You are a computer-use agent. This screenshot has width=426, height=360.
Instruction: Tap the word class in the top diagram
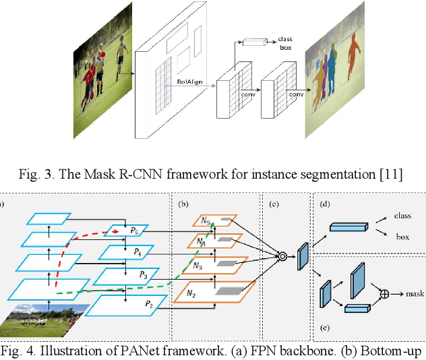286,40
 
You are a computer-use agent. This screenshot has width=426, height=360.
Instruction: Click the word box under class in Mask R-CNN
285,49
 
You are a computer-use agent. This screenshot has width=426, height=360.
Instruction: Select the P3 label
143,274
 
